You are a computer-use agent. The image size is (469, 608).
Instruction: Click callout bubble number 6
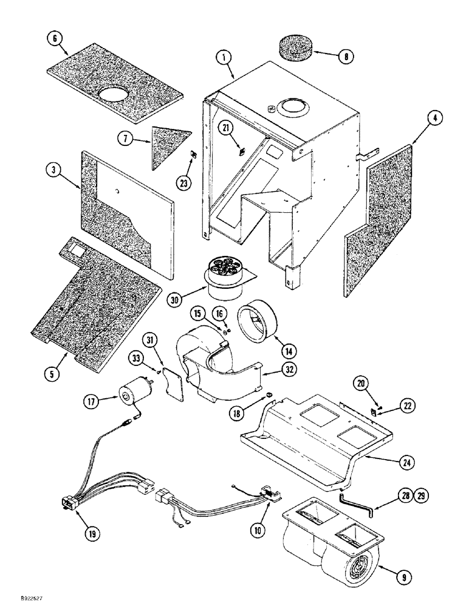click(55, 38)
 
